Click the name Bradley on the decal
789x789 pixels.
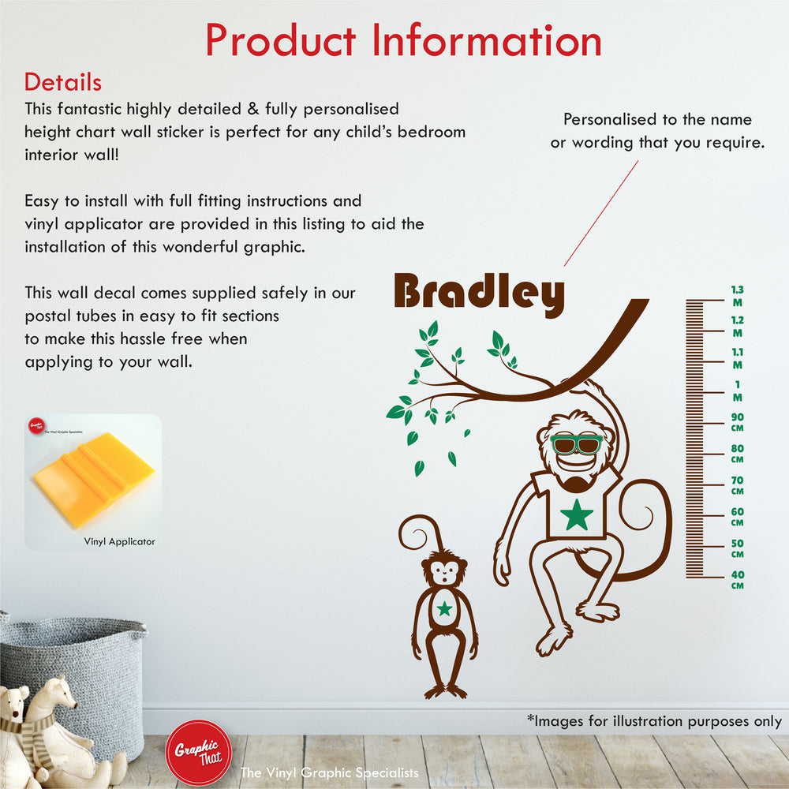[x=479, y=293]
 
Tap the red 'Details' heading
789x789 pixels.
[x=63, y=82]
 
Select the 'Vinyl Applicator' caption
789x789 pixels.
[x=120, y=541]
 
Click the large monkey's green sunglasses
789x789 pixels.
[x=576, y=444]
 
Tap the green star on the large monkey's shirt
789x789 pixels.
[x=577, y=514]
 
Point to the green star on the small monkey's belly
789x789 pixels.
[x=445, y=608]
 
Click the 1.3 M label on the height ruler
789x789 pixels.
[x=737, y=295]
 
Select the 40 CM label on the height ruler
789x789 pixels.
[x=737, y=580]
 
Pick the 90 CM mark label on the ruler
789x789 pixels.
[x=737, y=422]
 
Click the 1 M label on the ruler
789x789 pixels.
[x=737, y=391]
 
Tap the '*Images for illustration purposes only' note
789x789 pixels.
[x=654, y=721]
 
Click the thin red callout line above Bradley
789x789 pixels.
[x=600, y=213]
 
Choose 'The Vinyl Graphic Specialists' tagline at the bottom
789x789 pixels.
[x=329, y=772]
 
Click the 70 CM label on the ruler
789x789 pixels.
[x=737, y=485]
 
